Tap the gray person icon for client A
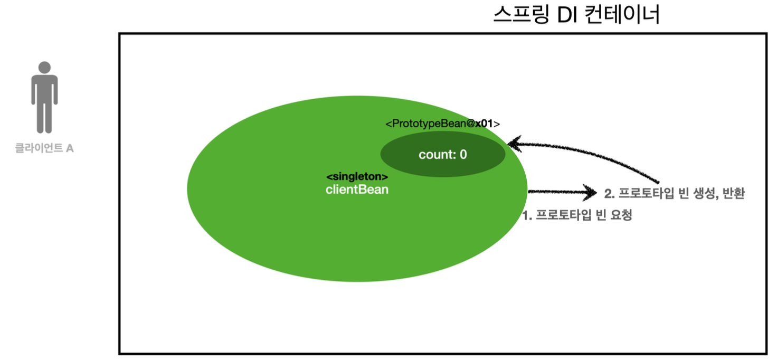tap(44, 98)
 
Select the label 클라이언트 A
tap(44, 148)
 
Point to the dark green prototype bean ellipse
tap(443, 154)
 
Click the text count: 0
tap(443, 155)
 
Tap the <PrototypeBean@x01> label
tap(442, 124)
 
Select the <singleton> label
tap(357, 177)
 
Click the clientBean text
tap(357, 190)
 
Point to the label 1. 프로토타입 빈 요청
tap(576, 215)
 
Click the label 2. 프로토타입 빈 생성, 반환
tap(674, 194)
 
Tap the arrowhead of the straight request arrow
tap(591, 192)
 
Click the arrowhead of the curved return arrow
tap(514, 143)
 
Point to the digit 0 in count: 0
tap(463, 155)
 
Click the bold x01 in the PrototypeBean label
tap(484, 124)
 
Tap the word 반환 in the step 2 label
tap(733, 194)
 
